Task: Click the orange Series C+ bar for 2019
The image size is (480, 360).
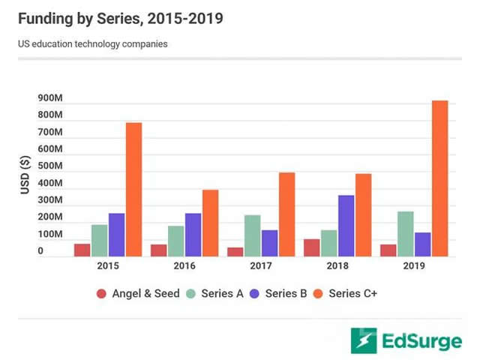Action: pos(439,178)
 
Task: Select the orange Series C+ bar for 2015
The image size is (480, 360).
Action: pos(133,190)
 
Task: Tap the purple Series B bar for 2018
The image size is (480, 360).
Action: pos(346,226)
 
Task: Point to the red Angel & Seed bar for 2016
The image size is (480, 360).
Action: pos(158,250)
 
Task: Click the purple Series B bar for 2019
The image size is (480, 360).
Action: pos(422,244)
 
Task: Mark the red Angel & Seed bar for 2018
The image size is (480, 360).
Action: pos(311,247)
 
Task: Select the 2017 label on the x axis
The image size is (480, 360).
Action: pos(262,265)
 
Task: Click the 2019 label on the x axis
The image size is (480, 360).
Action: pos(414,265)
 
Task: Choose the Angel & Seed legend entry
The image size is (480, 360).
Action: pos(138,293)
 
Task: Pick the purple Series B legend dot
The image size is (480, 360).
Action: pos(256,294)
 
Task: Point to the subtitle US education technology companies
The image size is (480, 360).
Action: pos(93,43)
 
